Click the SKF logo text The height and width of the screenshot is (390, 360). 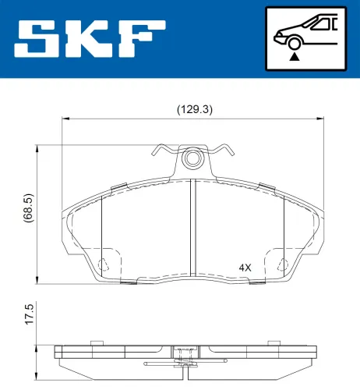[x=90, y=38]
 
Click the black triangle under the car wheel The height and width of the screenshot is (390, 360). [x=295, y=57]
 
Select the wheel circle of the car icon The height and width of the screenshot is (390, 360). [x=295, y=43]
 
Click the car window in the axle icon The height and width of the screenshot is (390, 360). [x=322, y=24]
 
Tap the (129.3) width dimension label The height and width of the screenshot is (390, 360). [x=195, y=109]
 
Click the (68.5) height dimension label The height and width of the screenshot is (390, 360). [x=28, y=207]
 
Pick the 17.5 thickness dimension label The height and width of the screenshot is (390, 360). [x=29, y=314]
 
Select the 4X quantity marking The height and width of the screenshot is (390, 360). [x=245, y=268]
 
